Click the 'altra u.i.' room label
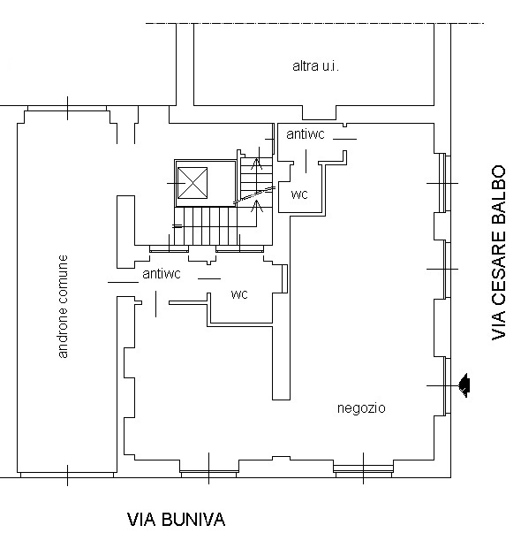(315, 66)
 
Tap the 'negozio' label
(361, 408)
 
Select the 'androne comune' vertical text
(63, 307)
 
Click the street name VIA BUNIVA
(177, 520)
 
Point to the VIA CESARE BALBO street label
(499, 252)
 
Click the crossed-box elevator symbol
(193, 183)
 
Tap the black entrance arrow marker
(464, 385)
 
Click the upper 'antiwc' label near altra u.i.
(306, 134)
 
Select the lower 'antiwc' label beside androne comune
(162, 274)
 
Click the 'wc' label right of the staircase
(299, 194)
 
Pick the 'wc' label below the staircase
(239, 294)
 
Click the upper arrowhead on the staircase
(257, 164)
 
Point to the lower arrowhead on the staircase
(257, 206)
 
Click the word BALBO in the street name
(499, 195)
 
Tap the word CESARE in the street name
(499, 267)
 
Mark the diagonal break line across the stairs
(253, 195)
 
